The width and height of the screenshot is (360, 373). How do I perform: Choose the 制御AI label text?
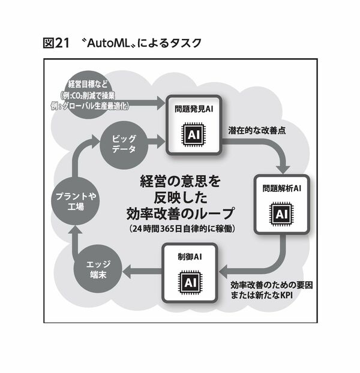(x=190, y=257)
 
